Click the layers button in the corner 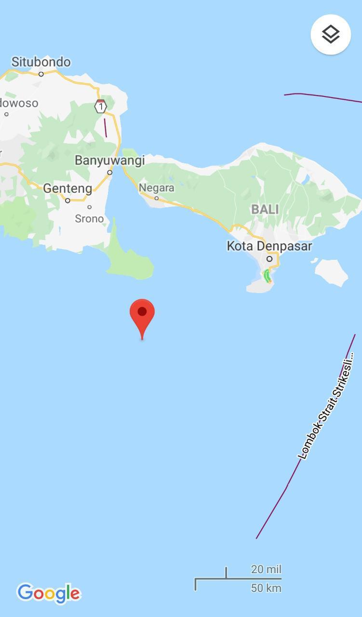click(331, 34)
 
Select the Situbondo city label click(41, 62)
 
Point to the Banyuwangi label click(109, 160)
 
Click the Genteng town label click(67, 188)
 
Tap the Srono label click(89, 218)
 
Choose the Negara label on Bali click(156, 188)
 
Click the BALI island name click(265, 209)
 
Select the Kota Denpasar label click(269, 246)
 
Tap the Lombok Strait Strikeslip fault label click(326, 406)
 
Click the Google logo click(48, 593)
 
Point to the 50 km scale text click(266, 588)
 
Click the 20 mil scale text click(266, 569)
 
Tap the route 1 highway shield click(100, 106)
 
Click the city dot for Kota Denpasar click(269, 259)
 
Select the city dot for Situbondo click(41, 74)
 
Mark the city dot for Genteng click(67, 201)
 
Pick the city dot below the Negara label click(156, 198)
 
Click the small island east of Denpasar click(332, 272)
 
